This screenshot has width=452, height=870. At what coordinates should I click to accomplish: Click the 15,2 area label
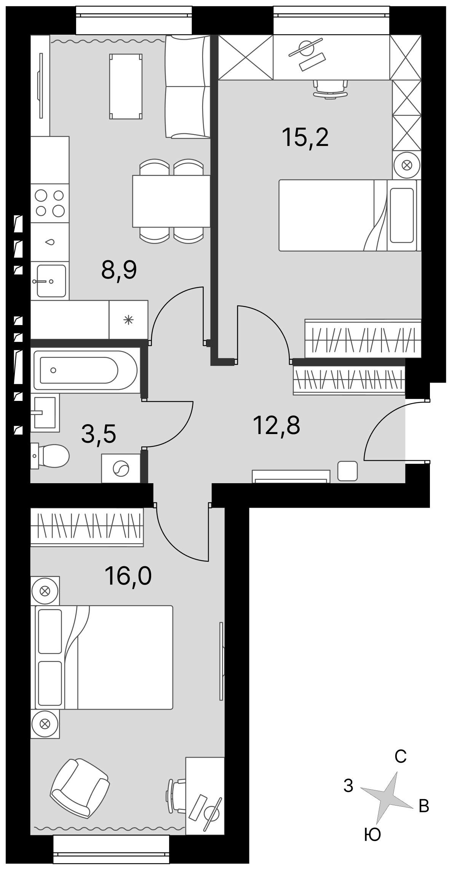(305, 138)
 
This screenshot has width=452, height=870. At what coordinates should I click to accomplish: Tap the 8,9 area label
(119, 271)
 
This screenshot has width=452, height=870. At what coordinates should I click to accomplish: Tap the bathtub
(85, 370)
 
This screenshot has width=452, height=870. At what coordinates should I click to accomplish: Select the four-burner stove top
(50, 203)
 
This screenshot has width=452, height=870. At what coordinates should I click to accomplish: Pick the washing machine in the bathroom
(121, 468)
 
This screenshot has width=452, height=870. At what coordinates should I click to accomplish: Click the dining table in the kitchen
(171, 201)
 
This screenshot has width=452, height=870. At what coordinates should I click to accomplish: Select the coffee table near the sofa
(126, 86)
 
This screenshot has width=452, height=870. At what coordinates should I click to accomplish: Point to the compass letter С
(401, 756)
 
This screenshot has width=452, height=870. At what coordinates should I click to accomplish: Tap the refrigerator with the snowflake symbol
(128, 320)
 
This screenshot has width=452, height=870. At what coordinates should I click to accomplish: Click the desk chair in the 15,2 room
(331, 89)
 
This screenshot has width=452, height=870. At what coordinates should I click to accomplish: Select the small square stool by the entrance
(348, 471)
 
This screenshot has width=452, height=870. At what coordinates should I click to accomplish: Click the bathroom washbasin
(45, 413)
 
